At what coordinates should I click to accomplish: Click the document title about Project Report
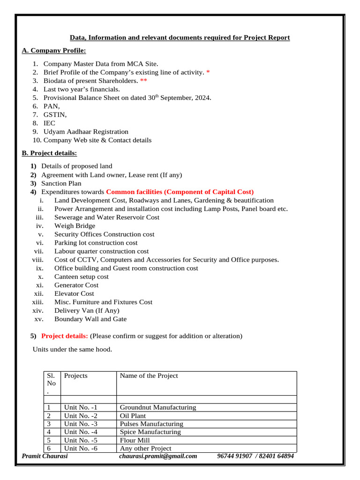(180, 37)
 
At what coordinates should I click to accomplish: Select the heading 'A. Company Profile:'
(54, 51)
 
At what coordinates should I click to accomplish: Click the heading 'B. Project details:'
(50, 153)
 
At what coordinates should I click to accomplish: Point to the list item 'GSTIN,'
(55, 115)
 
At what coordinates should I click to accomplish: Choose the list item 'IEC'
(49, 123)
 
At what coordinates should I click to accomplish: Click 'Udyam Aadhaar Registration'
(86, 132)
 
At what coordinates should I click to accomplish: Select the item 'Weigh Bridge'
(75, 226)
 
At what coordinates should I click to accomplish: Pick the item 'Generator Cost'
(76, 285)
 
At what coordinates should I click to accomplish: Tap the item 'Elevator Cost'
(74, 293)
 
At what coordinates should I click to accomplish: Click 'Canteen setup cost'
(82, 277)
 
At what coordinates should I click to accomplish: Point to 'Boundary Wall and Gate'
(90, 319)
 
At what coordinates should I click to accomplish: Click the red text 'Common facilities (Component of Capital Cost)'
(180, 192)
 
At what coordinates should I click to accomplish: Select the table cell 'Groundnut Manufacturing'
(158, 407)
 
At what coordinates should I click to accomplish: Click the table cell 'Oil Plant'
(133, 416)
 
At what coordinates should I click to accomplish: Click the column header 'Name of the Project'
(149, 375)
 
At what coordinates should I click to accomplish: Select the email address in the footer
(158, 456)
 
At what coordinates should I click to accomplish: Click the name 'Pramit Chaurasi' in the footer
(45, 456)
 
